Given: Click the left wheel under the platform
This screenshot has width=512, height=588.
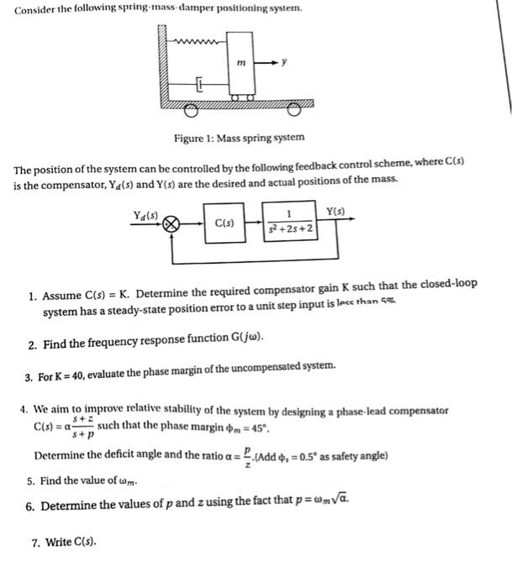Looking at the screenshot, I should tap(193, 109).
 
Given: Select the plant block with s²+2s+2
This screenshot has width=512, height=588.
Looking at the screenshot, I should tap(290, 223).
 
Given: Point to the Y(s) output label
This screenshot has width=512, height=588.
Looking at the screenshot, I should tap(335, 210).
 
